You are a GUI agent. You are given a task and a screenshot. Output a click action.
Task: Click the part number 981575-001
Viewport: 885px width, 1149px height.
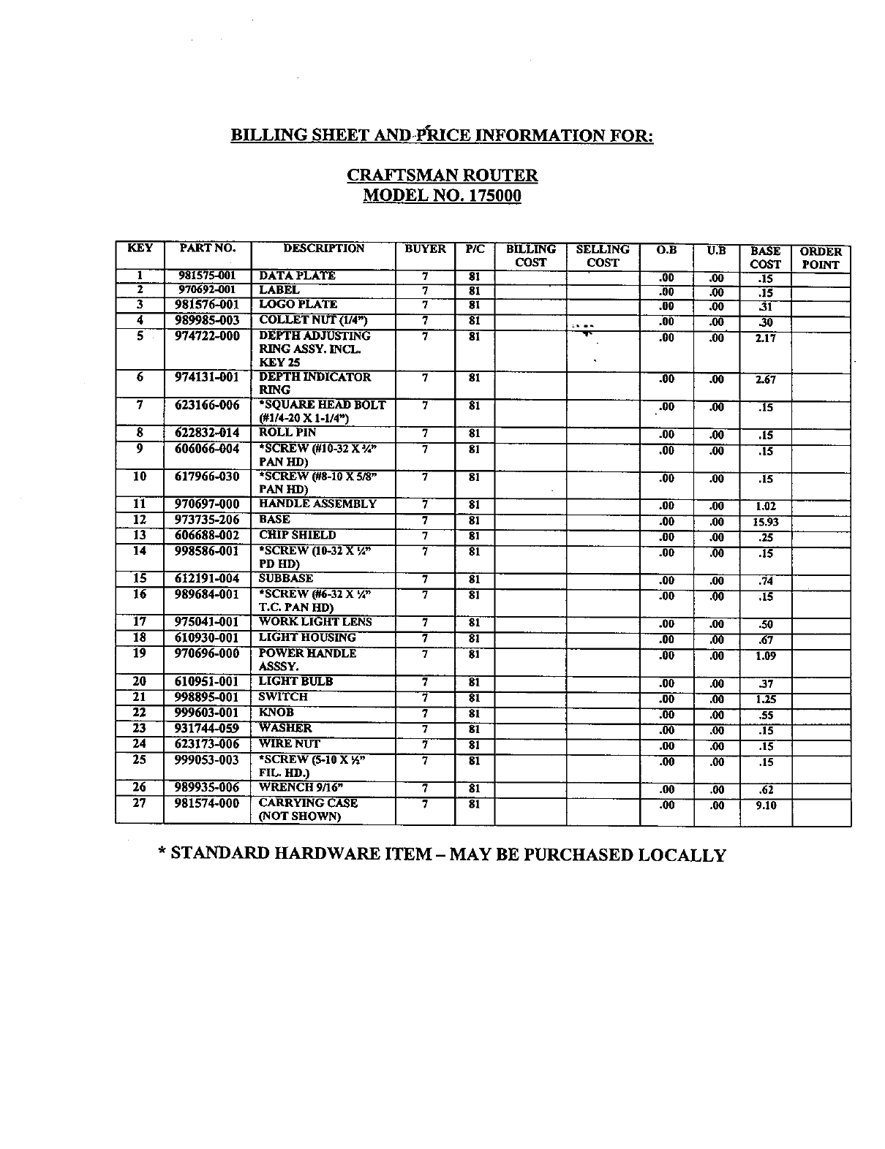[208, 276]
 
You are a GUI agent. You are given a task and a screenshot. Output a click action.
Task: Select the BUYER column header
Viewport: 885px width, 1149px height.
[425, 249]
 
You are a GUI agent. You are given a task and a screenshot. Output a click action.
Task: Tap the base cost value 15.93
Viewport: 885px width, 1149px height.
[765, 522]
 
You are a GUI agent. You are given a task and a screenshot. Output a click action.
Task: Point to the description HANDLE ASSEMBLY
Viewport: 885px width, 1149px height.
[317, 504]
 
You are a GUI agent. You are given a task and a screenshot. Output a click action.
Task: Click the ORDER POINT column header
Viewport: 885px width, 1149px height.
[821, 258]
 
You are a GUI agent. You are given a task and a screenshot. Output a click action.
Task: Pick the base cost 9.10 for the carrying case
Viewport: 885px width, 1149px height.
[765, 805]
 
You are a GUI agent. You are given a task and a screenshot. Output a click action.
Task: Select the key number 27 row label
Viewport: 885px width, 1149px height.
[139, 803]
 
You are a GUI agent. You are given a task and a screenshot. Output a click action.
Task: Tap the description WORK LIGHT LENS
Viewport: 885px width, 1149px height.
[315, 622]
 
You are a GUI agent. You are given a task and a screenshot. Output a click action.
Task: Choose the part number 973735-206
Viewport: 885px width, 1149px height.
[207, 520]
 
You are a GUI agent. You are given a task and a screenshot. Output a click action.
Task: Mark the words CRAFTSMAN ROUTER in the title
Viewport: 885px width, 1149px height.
[442, 175]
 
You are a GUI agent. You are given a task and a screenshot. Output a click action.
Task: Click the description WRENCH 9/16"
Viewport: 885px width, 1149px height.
[301, 788]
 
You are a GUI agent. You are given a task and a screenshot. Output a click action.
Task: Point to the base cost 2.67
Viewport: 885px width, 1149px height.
[765, 379]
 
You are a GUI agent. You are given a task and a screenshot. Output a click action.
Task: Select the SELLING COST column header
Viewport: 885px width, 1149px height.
[603, 256]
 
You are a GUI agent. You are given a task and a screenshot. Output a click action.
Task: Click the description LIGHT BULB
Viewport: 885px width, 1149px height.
[295, 682]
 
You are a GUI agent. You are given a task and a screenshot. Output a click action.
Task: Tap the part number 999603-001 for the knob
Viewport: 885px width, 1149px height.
[207, 713]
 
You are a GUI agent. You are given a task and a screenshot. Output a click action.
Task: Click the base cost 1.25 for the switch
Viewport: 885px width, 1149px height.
[765, 699]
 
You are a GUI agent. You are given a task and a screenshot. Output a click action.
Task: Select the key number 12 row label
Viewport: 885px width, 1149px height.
[139, 520]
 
